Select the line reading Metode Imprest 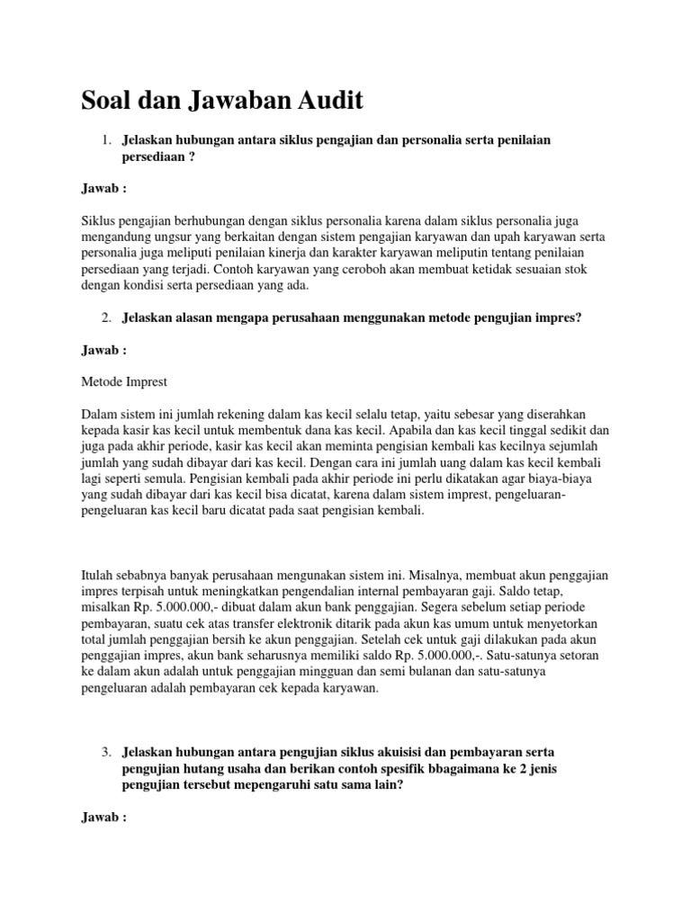123,381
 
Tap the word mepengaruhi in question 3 289,784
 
